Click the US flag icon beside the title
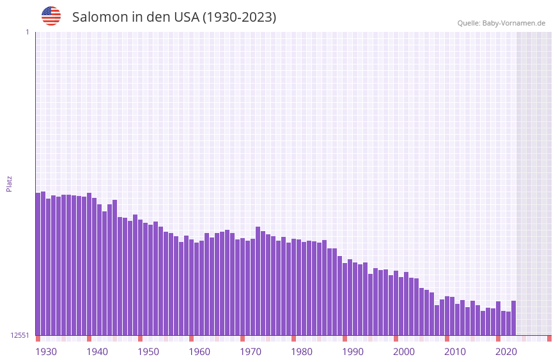pyautogui.click(x=51, y=16)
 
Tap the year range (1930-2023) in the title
pyautogui.click(x=240, y=17)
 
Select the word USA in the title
pyautogui.click(x=186, y=17)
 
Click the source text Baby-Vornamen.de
pyautogui.click(x=513, y=23)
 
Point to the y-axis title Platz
pyautogui.click(x=9, y=183)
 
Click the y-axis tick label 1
pyautogui.click(x=27, y=32)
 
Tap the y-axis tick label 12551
pyautogui.click(x=20, y=335)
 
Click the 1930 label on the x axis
pyautogui.click(x=46, y=352)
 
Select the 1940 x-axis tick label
pyautogui.click(x=97, y=352)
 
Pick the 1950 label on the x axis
pyautogui.click(x=148, y=352)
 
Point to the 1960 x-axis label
pyautogui.click(x=199, y=352)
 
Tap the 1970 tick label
pyautogui.click(x=251, y=352)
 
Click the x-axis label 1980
pyautogui.click(x=302, y=352)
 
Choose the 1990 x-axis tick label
pyautogui.click(x=353, y=352)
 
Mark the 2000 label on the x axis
pyautogui.click(x=404, y=352)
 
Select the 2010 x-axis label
pyautogui.click(x=455, y=352)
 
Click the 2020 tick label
pyautogui.click(x=506, y=352)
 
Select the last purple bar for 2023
pyautogui.click(x=513, y=318)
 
